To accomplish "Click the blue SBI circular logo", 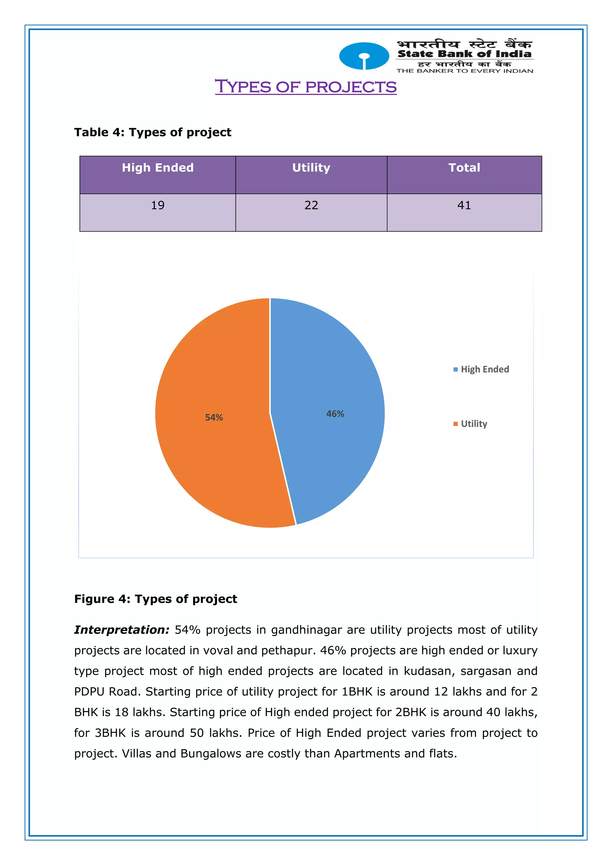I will (x=364, y=56).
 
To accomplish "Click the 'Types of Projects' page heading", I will (x=306, y=87).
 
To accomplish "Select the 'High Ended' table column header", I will (x=157, y=168).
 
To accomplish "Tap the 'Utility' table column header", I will (x=311, y=168).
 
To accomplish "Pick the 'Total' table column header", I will (x=464, y=168).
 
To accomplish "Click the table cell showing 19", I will (x=157, y=205).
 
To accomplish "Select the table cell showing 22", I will (x=311, y=205).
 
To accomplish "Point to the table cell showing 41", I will (x=464, y=205).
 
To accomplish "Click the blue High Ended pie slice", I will (x=332, y=377).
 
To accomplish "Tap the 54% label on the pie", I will (x=214, y=417).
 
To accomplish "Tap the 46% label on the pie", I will (x=335, y=414).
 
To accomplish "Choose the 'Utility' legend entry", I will (x=474, y=424).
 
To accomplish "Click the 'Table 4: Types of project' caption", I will (x=153, y=132).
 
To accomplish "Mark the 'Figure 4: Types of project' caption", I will (x=156, y=599).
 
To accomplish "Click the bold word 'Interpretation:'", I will (x=122, y=630).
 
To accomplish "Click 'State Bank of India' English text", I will (x=464, y=54).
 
